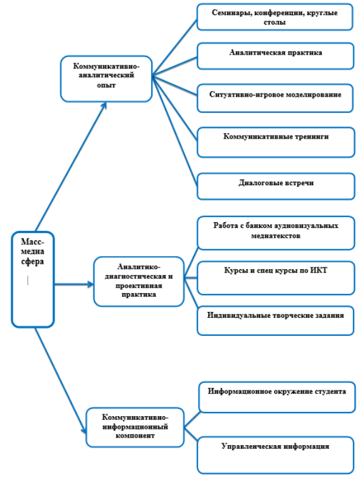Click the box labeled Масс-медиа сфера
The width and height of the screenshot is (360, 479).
pyautogui.click(x=33, y=279)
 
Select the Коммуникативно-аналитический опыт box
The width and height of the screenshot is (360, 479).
pyautogui.click(x=106, y=78)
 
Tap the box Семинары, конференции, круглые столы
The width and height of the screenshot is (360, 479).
pyautogui.click(x=275, y=17)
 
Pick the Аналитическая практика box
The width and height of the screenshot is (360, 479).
pyautogui.click(x=275, y=57)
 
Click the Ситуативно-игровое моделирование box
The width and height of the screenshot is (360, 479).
pyautogui.click(x=275, y=99)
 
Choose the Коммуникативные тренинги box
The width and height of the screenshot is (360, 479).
pyautogui.click(x=276, y=143)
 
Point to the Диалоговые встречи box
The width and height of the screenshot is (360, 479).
pyautogui.click(x=276, y=186)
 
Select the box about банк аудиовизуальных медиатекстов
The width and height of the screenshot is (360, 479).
pyautogui.click(x=276, y=233)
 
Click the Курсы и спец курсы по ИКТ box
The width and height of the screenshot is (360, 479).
pyautogui.click(x=276, y=277)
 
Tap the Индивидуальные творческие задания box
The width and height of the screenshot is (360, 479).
pyautogui.click(x=275, y=320)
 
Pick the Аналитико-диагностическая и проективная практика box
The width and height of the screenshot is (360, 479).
pyautogui.click(x=139, y=281)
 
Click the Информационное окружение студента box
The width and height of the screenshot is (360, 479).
pyautogui.click(x=277, y=397)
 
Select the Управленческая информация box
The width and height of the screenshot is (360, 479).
pyautogui.click(x=275, y=455)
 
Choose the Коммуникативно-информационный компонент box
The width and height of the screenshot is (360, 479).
pyautogui.click(x=135, y=427)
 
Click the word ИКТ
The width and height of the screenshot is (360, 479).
pyautogui.click(x=319, y=271)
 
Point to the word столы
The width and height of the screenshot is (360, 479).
pyautogui.click(x=275, y=23)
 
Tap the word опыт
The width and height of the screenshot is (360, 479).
pyautogui.click(x=106, y=85)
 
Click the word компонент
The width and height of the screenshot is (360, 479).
pyautogui.click(x=135, y=436)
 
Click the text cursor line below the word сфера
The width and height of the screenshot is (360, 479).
pyautogui.click(x=28, y=280)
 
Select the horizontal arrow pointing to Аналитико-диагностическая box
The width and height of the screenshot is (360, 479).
pyautogui.click(x=74, y=284)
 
